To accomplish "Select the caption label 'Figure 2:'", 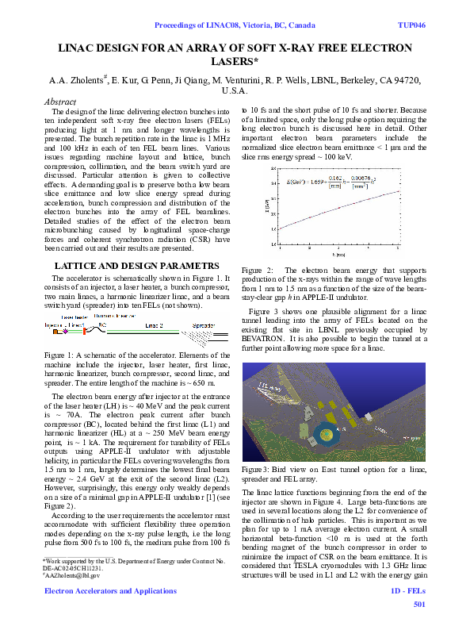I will tap(258, 271).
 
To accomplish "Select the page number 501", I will tap(420, 605).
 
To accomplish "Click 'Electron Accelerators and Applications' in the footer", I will tap(98, 592).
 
